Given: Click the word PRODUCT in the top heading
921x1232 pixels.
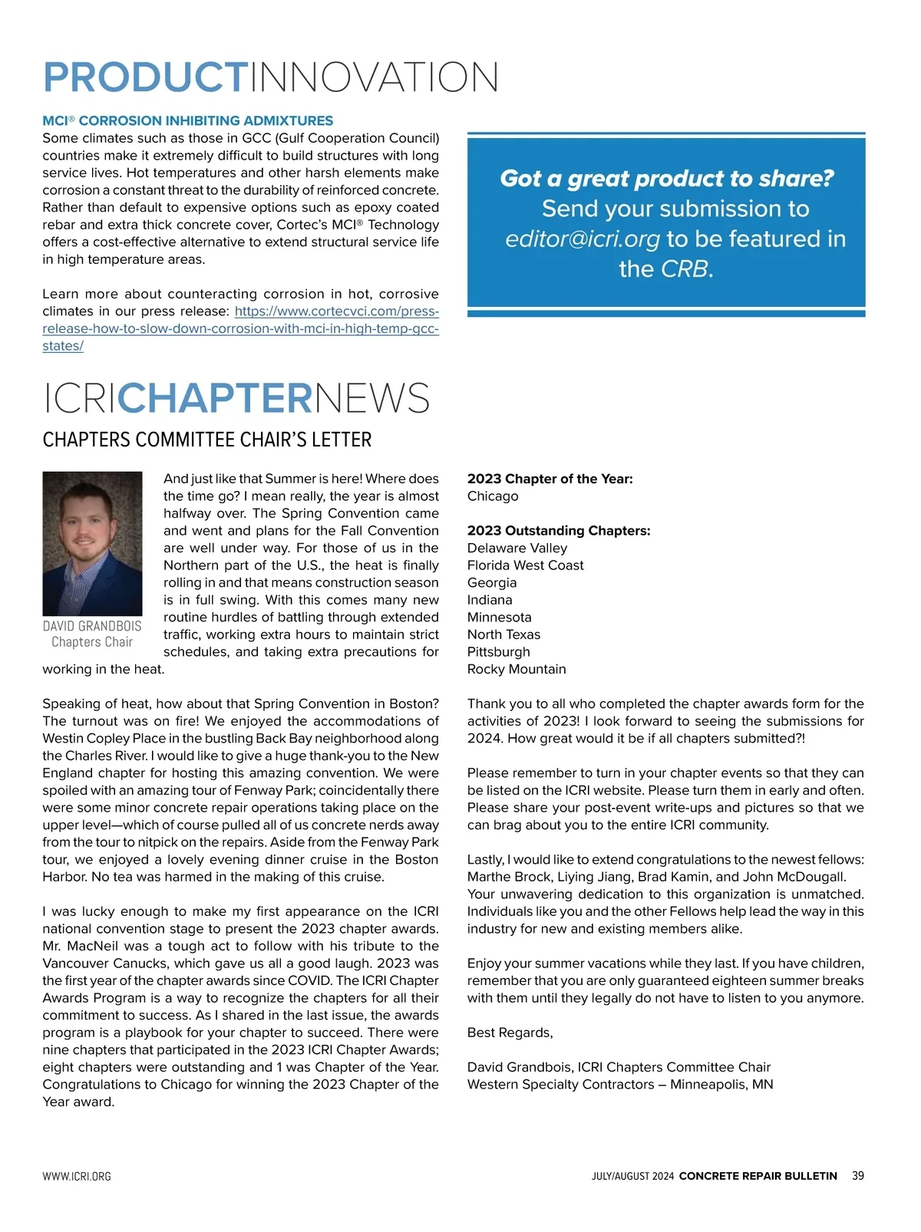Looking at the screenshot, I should (144, 77).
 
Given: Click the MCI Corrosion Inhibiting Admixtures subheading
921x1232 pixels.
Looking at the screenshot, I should (188, 120).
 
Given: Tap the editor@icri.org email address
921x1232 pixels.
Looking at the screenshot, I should (582, 239).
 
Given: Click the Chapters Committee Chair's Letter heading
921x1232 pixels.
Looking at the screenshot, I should (207, 440).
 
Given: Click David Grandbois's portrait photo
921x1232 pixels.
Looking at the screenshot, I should (92, 543).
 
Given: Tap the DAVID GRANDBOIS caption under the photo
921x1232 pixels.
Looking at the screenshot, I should (92, 626).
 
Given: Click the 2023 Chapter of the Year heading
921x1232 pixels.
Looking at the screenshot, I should (550, 479).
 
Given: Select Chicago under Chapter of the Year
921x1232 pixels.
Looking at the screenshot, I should (493, 496).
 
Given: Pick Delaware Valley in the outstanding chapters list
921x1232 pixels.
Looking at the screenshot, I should (517, 548).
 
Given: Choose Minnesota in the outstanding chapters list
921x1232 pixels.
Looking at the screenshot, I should (499, 617).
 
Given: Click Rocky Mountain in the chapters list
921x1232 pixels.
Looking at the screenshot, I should (517, 669).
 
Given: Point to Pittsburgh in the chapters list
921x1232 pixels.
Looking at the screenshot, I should (498, 651).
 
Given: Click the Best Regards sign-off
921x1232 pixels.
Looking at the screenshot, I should (510, 1033).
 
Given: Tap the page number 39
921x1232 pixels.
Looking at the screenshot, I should (857, 1176).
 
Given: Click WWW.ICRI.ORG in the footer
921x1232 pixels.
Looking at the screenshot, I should (77, 1177).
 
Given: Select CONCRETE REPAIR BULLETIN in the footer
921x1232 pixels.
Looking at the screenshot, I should (758, 1176).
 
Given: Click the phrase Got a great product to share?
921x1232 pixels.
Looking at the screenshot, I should (666, 179).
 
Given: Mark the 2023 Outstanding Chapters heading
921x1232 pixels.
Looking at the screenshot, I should (558, 531).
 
